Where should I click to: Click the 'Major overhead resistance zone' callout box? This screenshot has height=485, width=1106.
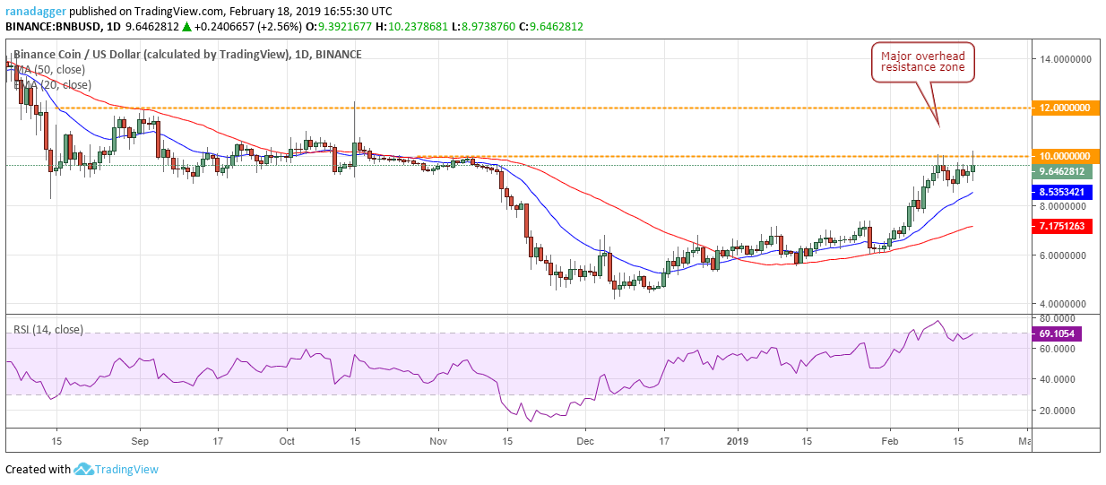(924, 62)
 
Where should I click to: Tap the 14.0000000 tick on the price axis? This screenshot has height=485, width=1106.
(1065, 59)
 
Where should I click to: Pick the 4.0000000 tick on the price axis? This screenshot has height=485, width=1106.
(1065, 304)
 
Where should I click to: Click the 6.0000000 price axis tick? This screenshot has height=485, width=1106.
(1065, 255)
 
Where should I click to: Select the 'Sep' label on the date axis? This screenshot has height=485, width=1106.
(140, 441)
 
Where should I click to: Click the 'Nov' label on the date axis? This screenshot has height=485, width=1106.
(438, 441)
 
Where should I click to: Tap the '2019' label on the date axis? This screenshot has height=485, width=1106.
(738, 441)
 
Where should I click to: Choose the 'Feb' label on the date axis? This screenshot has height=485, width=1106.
(890, 441)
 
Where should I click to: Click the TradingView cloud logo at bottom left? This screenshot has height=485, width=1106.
(84, 469)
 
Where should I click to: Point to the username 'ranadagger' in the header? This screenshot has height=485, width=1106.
(33, 12)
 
